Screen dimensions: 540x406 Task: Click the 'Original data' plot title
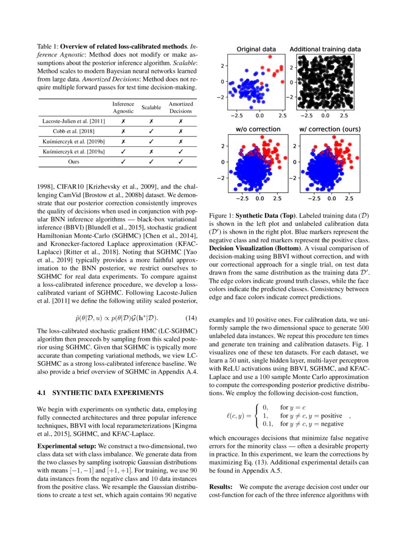[256, 50]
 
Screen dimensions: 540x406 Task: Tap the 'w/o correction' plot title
[258, 129]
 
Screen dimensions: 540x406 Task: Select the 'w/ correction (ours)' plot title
[329, 129]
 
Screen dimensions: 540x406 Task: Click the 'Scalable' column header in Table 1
[151, 108]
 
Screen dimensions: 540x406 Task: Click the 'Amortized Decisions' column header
[181, 108]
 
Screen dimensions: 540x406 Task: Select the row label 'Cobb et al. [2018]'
[74, 131]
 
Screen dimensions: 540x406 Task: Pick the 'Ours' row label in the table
[74, 161]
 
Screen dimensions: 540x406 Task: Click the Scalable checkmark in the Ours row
[151, 161]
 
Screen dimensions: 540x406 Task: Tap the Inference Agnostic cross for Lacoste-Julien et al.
[123, 121]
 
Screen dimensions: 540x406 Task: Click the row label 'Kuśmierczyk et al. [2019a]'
[74, 152]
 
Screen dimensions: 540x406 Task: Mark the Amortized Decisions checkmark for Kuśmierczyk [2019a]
[181, 152]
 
